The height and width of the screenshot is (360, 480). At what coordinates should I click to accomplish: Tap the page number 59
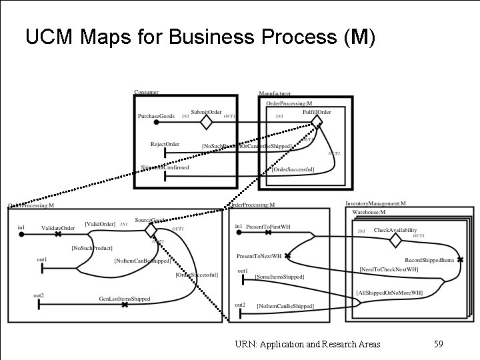(x=438, y=344)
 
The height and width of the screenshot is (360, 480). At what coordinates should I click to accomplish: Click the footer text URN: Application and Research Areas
(x=307, y=344)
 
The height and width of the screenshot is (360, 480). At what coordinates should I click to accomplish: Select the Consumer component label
(x=146, y=92)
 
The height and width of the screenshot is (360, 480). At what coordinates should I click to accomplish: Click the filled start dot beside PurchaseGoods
(x=156, y=123)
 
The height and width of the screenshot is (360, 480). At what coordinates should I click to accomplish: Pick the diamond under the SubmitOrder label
(x=207, y=123)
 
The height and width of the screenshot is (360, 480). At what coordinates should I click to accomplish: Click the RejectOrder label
(x=165, y=144)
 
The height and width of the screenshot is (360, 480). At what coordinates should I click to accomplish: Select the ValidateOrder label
(x=58, y=228)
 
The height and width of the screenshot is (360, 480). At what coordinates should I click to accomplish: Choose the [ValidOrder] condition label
(x=100, y=224)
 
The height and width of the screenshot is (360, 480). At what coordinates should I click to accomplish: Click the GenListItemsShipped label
(x=125, y=299)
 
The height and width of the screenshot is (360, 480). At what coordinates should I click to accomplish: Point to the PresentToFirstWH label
(x=268, y=227)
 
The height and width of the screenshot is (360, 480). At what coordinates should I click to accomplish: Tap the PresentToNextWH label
(x=259, y=256)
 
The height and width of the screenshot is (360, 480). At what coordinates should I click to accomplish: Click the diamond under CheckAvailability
(x=395, y=239)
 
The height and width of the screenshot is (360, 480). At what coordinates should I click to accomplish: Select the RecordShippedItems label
(x=429, y=260)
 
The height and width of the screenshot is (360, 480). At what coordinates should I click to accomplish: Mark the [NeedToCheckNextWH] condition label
(x=389, y=269)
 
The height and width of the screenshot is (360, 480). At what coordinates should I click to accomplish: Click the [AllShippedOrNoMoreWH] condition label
(x=389, y=292)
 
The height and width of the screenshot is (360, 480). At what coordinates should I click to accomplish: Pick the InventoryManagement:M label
(x=375, y=203)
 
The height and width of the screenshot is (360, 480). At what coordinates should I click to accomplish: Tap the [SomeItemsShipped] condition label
(x=279, y=277)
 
